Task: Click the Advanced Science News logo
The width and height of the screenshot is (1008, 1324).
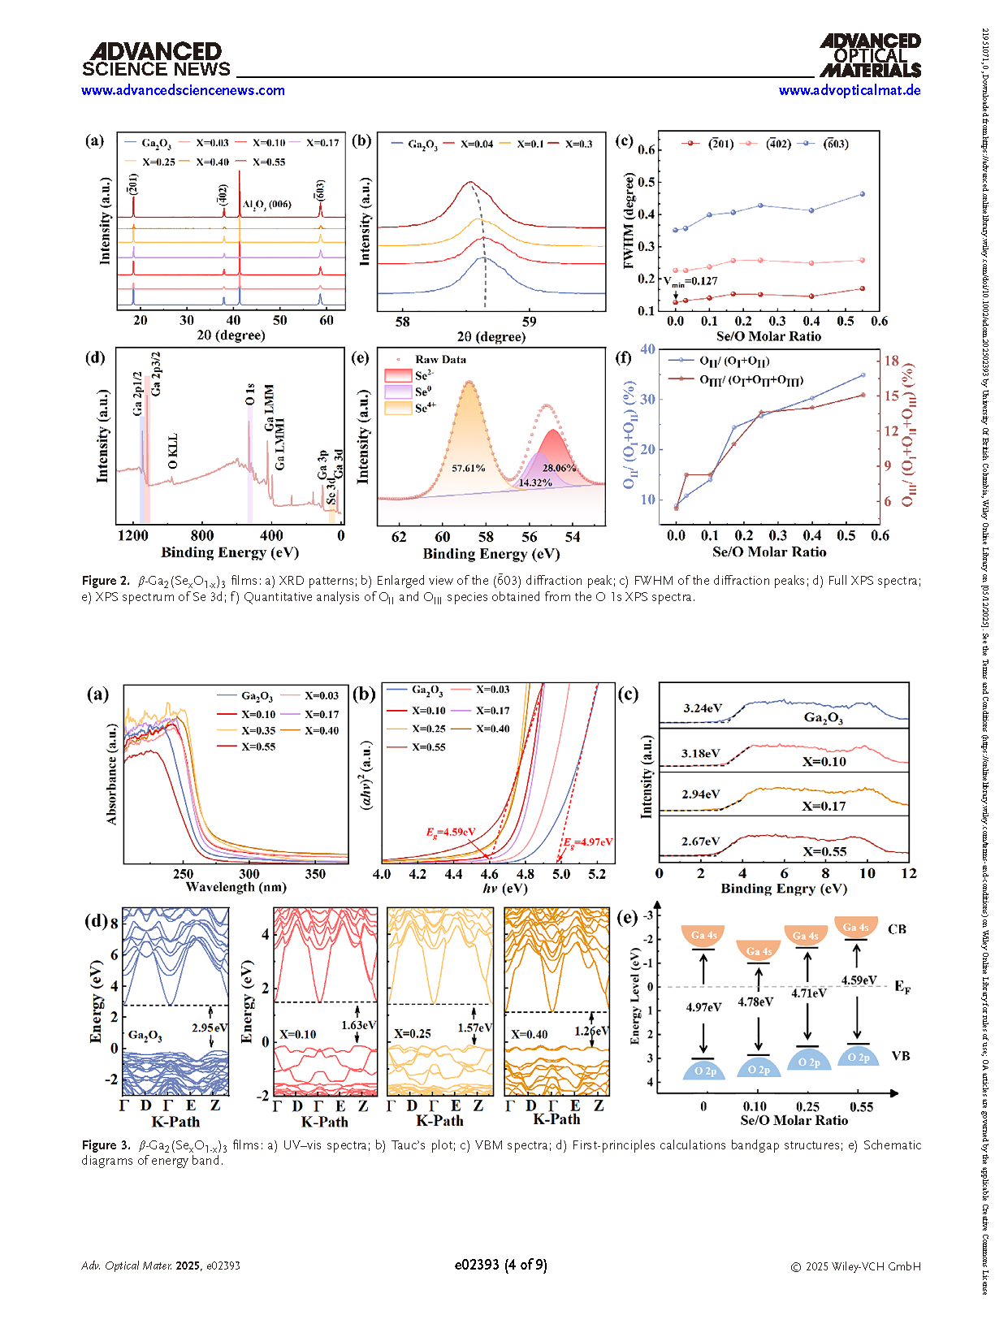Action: point(156,60)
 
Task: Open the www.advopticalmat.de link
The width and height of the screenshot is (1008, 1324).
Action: point(849,90)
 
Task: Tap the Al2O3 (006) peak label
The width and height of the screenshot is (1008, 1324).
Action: point(266,205)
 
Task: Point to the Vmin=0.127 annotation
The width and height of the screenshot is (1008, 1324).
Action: point(691,282)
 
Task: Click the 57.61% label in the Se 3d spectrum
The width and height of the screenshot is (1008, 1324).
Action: point(469,468)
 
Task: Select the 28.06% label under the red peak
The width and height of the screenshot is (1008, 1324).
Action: point(559,468)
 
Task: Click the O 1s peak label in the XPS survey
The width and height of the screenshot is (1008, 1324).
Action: point(250,394)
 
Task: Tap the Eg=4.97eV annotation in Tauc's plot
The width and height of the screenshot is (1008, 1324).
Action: point(588,842)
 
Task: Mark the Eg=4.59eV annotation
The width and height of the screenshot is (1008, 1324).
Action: point(451,832)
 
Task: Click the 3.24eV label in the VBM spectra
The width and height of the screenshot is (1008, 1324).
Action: point(703,708)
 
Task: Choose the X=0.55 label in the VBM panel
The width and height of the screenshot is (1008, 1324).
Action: point(824,852)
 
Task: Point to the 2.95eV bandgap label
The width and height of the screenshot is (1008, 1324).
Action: point(210,1028)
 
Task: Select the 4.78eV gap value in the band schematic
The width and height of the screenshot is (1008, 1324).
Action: point(755,1002)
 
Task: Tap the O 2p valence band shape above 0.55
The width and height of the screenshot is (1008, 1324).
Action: point(858,1058)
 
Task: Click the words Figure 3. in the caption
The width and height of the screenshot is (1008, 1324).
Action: point(106,1145)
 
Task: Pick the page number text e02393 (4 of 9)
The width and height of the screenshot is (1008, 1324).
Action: point(500,1265)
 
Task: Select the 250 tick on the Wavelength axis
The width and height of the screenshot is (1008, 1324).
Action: point(184,874)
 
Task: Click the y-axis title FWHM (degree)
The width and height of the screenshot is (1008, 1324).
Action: point(629,221)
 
